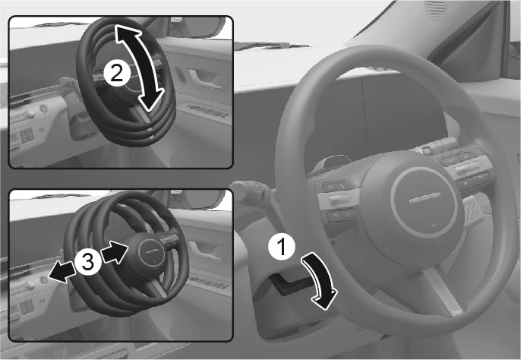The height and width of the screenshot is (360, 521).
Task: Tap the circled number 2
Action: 117,73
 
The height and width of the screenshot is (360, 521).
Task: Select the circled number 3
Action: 88,262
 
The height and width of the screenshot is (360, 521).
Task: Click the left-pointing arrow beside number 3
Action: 62,272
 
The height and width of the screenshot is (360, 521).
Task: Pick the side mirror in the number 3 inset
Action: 197,200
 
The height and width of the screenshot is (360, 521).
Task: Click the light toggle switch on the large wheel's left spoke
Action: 339,199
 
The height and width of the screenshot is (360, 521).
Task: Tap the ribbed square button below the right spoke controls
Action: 472,210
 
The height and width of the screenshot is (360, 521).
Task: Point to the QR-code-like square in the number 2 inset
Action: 27,136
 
